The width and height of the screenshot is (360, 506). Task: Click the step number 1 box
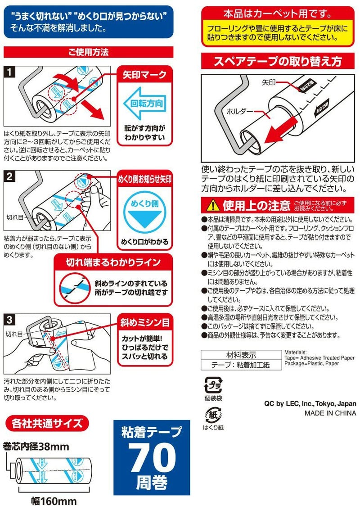click(x=9, y=72)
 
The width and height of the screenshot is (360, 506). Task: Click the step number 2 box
click(x=9, y=176)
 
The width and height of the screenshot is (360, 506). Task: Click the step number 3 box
click(x=9, y=320)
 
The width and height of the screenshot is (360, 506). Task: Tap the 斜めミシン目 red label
click(x=144, y=322)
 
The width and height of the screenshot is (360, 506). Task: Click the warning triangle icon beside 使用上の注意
click(x=211, y=206)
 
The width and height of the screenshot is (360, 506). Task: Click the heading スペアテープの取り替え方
click(x=278, y=61)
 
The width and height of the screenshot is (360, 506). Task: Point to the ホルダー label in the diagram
click(x=240, y=110)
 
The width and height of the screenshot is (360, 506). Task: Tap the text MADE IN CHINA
click(x=330, y=413)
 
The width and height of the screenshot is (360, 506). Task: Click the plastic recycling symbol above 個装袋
click(x=212, y=385)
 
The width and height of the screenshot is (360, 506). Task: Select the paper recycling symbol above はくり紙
click(x=212, y=415)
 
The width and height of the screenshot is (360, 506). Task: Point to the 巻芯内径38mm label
click(x=36, y=447)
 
